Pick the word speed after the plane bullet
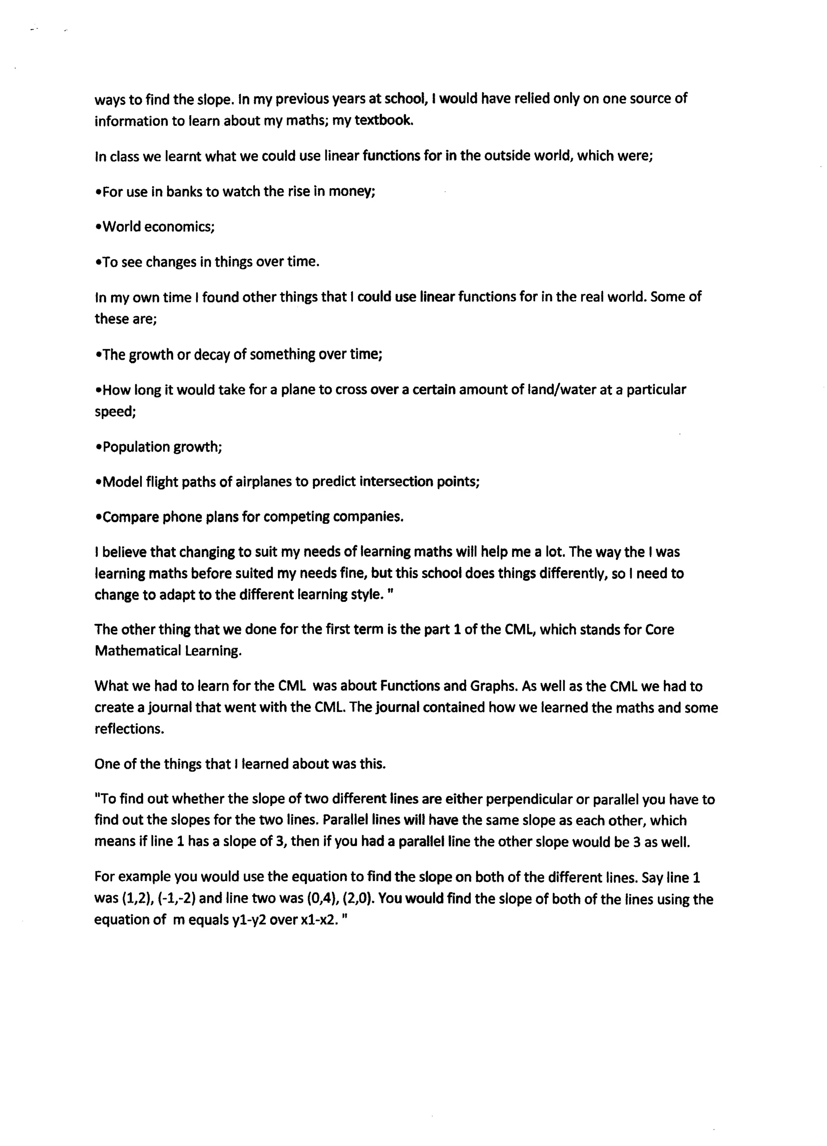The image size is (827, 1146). point(115,412)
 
